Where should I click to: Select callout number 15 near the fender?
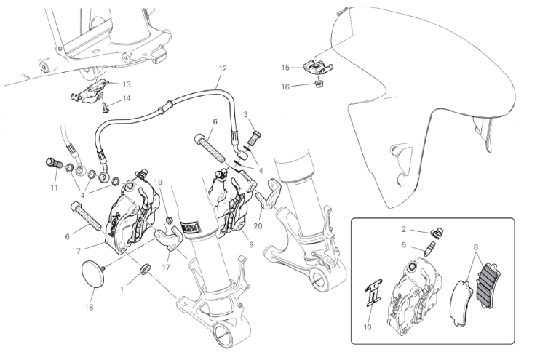(x=285, y=68)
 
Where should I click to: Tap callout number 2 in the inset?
(x=406, y=228)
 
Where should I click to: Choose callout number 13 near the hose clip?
(x=127, y=84)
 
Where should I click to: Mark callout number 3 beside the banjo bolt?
(x=247, y=114)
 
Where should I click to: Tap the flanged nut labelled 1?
(x=143, y=270)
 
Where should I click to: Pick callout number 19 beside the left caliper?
(x=158, y=203)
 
